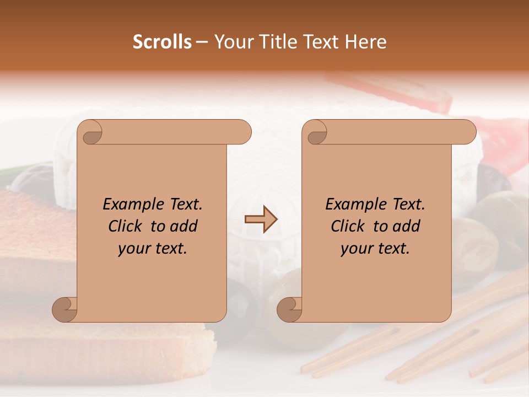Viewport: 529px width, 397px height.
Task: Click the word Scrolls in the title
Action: (x=162, y=42)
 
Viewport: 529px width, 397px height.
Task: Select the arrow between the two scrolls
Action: (x=261, y=219)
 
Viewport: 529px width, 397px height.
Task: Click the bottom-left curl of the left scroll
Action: (x=65, y=309)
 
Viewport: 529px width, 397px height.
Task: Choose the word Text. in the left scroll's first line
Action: (x=183, y=205)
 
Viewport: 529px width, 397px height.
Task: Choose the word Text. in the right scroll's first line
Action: (x=406, y=205)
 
